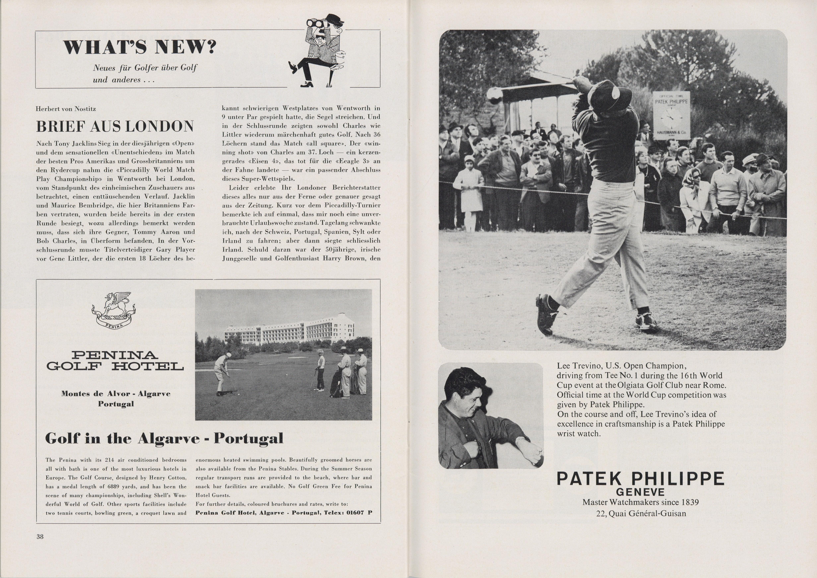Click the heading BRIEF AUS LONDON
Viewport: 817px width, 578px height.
coord(115,126)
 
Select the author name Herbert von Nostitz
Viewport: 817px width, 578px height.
coord(66,109)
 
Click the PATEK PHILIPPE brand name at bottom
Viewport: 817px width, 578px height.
coord(640,479)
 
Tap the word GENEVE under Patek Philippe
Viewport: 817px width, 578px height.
coord(640,492)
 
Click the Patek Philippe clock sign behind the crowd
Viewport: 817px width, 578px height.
coord(671,115)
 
